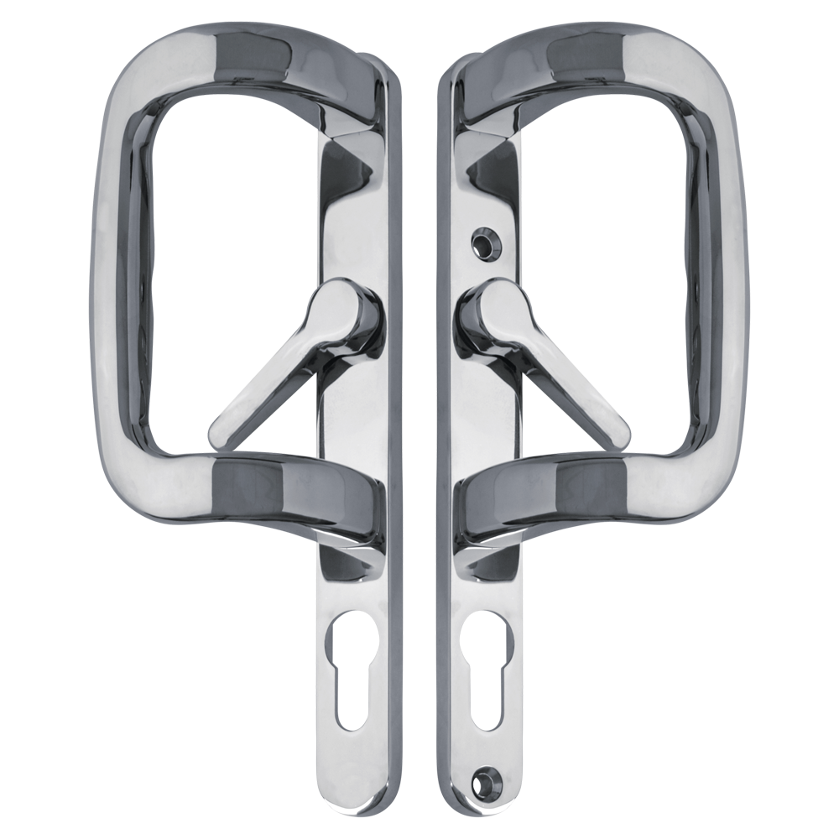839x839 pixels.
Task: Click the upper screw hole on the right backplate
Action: pyautogui.click(x=484, y=237)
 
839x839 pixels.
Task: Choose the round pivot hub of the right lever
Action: pyautogui.click(x=484, y=315)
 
